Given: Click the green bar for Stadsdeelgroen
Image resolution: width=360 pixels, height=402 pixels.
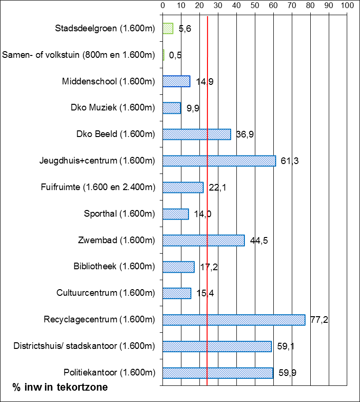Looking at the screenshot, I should (x=168, y=28).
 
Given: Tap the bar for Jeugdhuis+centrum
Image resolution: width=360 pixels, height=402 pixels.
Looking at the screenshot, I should (x=219, y=161).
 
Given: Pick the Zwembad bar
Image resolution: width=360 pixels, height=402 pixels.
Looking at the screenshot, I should (x=203, y=240).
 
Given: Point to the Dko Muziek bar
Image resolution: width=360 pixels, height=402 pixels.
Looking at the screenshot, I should (x=171, y=108).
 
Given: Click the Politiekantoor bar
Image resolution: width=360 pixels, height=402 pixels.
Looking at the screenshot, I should (x=217, y=373).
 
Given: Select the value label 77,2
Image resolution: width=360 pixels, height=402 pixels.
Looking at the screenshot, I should (x=319, y=320).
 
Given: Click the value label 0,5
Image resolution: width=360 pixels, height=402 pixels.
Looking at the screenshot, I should (x=175, y=55).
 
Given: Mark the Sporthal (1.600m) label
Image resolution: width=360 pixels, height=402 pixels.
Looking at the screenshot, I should (x=119, y=214).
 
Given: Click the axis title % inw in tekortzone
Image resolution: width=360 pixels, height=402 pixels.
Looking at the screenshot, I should (x=60, y=387).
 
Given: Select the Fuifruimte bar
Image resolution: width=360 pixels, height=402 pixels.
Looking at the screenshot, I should (x=183, y=187).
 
